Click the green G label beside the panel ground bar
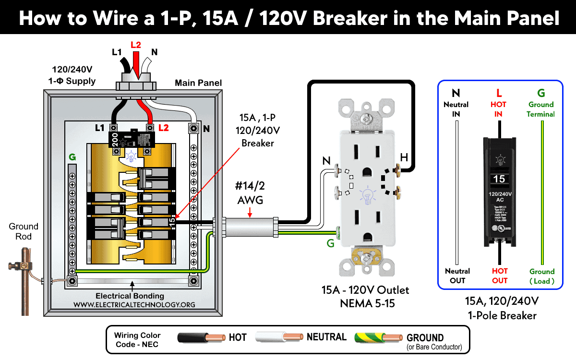click(x=72, y=156)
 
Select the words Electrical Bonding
click(x=130, y=296)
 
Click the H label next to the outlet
click(x=405, y=156)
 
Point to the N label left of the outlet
click(x=326, y=162)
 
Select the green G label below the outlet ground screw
click(x=330, y=243)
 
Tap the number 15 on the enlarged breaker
click(x=499, y=179)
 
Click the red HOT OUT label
click(x=500, y=276)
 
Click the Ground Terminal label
click(x=541, y=109)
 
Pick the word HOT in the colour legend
click(x=238, y=337)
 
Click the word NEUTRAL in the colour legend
click(x=326, y=337)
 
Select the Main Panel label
click(x=198, y=83)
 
